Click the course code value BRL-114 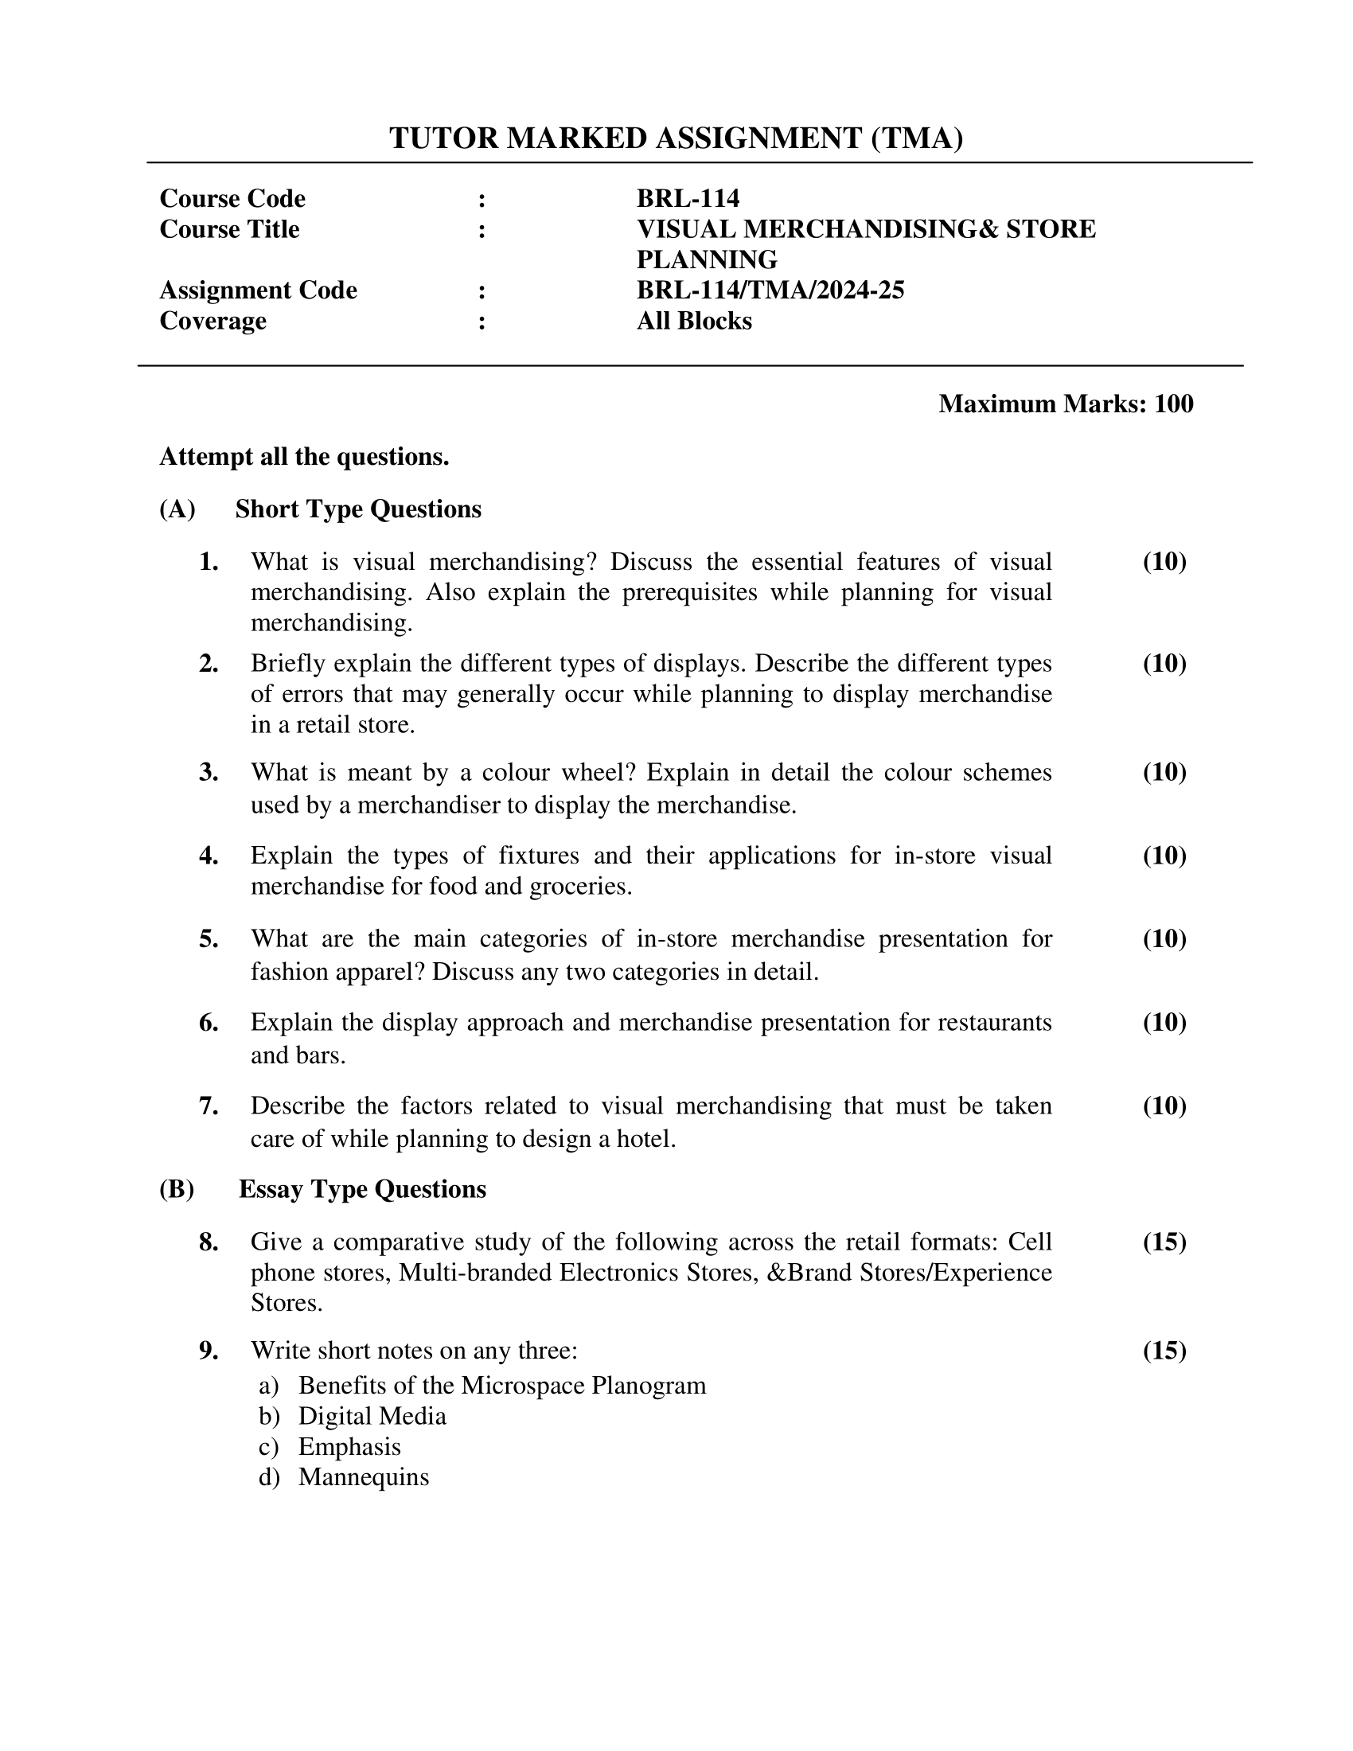(x=688, y=198)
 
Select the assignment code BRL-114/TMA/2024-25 (x=770, y=290)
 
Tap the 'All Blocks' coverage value (x=694, y=321)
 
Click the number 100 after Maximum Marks (x=1173, y=404)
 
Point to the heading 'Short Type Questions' (x=357, y=509)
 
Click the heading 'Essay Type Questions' (x=362, y=1189)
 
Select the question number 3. (x=209, y=772)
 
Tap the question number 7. (x=209, y=1106)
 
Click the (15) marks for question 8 (x=1164, y=1242)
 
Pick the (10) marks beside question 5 (x=1164, y=938)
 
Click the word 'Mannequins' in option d (x=363, y=1476)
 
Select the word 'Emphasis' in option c (x=349, y=1446)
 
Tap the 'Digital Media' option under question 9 (x=372, y=1416)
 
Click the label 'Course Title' (x=229, y=229)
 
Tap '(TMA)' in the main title (x=917, y=138)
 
